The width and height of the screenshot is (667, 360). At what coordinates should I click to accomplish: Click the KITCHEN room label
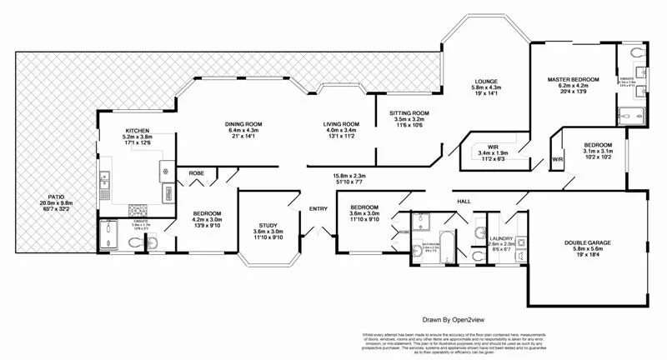tap(138, 131)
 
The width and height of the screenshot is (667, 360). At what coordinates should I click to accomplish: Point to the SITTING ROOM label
tap(409, 112)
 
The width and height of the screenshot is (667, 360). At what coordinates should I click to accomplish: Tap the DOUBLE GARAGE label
tap(588, 243)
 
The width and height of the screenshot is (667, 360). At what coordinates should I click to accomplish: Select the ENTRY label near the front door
tap(318, 208)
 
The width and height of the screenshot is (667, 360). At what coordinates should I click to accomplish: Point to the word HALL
tap(464, 201)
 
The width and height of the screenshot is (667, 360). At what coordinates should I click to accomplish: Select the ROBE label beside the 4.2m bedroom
tap(196, 173)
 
